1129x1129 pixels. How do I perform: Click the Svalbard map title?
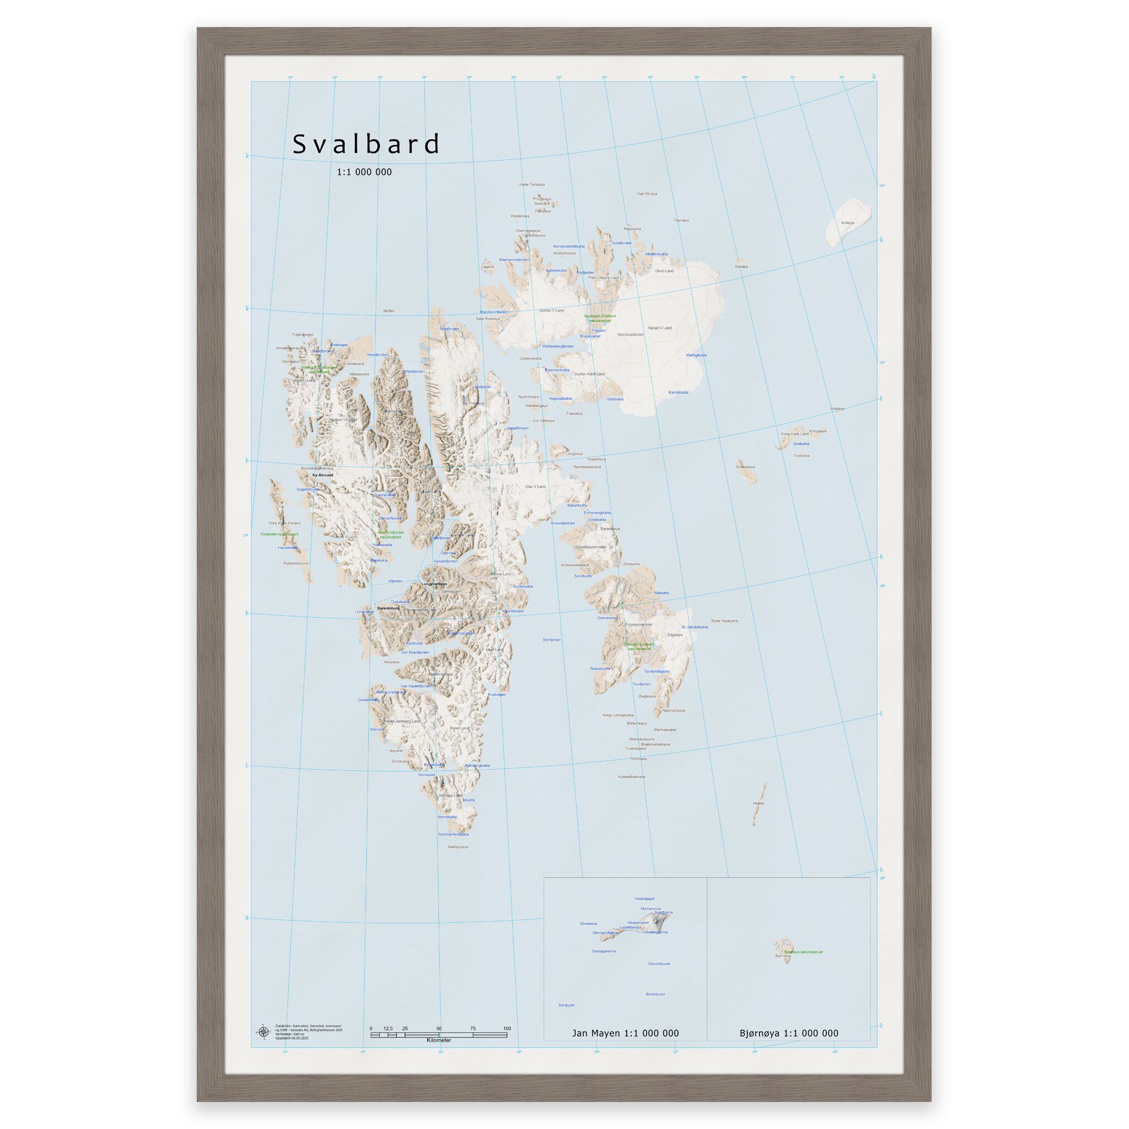click(366, 144)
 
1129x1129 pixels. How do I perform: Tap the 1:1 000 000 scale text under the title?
click(364, 172)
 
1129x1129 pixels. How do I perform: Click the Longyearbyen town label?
click(434, 584)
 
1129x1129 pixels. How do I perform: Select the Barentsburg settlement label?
click(389, 607)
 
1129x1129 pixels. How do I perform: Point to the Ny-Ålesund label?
click(322, 475)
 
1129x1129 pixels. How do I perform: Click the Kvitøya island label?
click(847, 223)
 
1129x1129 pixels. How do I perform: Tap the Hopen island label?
click(759, 803)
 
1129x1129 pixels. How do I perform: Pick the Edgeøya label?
click(675, 635)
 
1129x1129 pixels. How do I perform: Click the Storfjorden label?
click(552, 640)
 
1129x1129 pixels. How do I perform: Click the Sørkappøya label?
click(458, 847)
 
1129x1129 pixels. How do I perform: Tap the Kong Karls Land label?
click(795, 434)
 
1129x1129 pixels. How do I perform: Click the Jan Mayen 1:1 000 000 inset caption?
click(625, 1033)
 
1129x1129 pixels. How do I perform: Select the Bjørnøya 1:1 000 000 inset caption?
click(788, 1033)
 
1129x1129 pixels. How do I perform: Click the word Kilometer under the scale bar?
click(439, 1041)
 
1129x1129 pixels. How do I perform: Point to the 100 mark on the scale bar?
click(507, 1029)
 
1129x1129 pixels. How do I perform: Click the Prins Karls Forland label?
click(284, 523)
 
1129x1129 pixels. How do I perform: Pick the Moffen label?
click(389, 311)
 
